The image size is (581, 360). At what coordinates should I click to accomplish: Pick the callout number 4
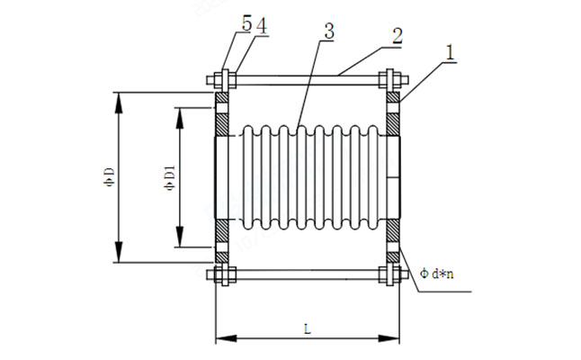(x=260, y=25)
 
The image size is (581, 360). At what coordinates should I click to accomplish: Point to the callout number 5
(x=246, y=25)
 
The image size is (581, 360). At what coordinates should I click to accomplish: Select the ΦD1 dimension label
(x=169, y=177)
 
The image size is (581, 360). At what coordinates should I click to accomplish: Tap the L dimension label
(x=307, y=329)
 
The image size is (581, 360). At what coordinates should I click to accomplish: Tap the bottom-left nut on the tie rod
(x=222, y=274)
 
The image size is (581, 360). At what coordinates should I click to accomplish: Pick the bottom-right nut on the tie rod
(x=391, y=274)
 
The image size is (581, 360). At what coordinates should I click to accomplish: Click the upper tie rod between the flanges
(x=306, y=80)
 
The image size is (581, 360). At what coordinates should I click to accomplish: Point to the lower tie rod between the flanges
(x=306, y=274)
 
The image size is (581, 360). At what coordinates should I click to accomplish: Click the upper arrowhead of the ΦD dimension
(x=118, y=97)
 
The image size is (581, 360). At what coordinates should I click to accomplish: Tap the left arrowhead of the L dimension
(x=221, y=339)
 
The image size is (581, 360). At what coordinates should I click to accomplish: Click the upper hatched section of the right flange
(x=392, y=112)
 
